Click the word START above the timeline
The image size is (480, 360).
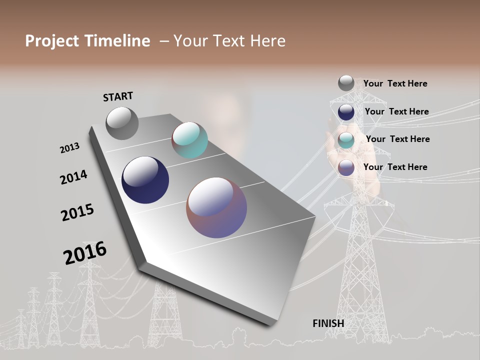click(x=118, y=96)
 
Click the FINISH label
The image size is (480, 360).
click(x=328, y=323)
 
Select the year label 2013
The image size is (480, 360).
click(x=69, y=148)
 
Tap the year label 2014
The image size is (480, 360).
click(x=73, y=177)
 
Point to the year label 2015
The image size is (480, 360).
click(x=77, y=212)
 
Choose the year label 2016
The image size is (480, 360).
click(x=85, y=253)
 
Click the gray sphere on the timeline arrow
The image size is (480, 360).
click(x=122, y=123)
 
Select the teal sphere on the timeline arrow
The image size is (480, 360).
click(x=189, y=140)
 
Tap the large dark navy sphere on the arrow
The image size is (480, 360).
click(x=145, y=180)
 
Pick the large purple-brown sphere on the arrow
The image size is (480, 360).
click(x=216, y=207)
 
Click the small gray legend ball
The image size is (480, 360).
click(x=346, y=83)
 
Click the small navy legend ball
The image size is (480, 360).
click(x=346, y=112)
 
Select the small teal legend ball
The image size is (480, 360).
click(x=346, y=140)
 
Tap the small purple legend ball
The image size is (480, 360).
click(x=346, y=168)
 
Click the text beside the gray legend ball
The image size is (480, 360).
click(x=395, y=83)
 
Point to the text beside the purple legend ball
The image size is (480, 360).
click(x=395, y=167)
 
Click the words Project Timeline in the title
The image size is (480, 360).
click(x=87, y=41)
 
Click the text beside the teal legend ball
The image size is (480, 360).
click(x=397, y=139)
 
